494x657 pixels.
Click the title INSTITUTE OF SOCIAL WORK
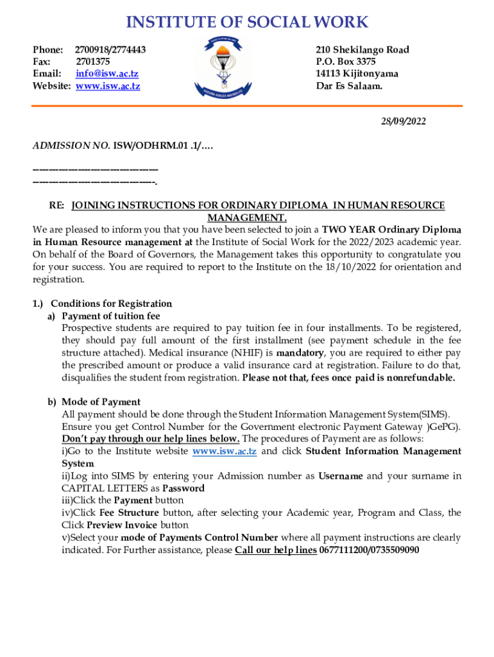click(247, 22)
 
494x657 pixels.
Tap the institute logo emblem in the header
click(225, 67)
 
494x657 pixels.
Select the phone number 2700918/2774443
click(110, 49)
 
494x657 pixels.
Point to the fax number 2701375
click(93, 62)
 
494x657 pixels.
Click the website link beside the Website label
click(108, 86)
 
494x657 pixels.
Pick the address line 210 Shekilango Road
click(362, 49)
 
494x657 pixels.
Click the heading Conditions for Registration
click(111, 303)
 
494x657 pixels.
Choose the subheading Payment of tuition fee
click(110, 316)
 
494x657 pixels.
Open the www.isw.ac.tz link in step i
click(225, 451)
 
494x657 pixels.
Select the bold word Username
click(340, 475)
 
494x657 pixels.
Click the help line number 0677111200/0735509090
click(369, 550)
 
